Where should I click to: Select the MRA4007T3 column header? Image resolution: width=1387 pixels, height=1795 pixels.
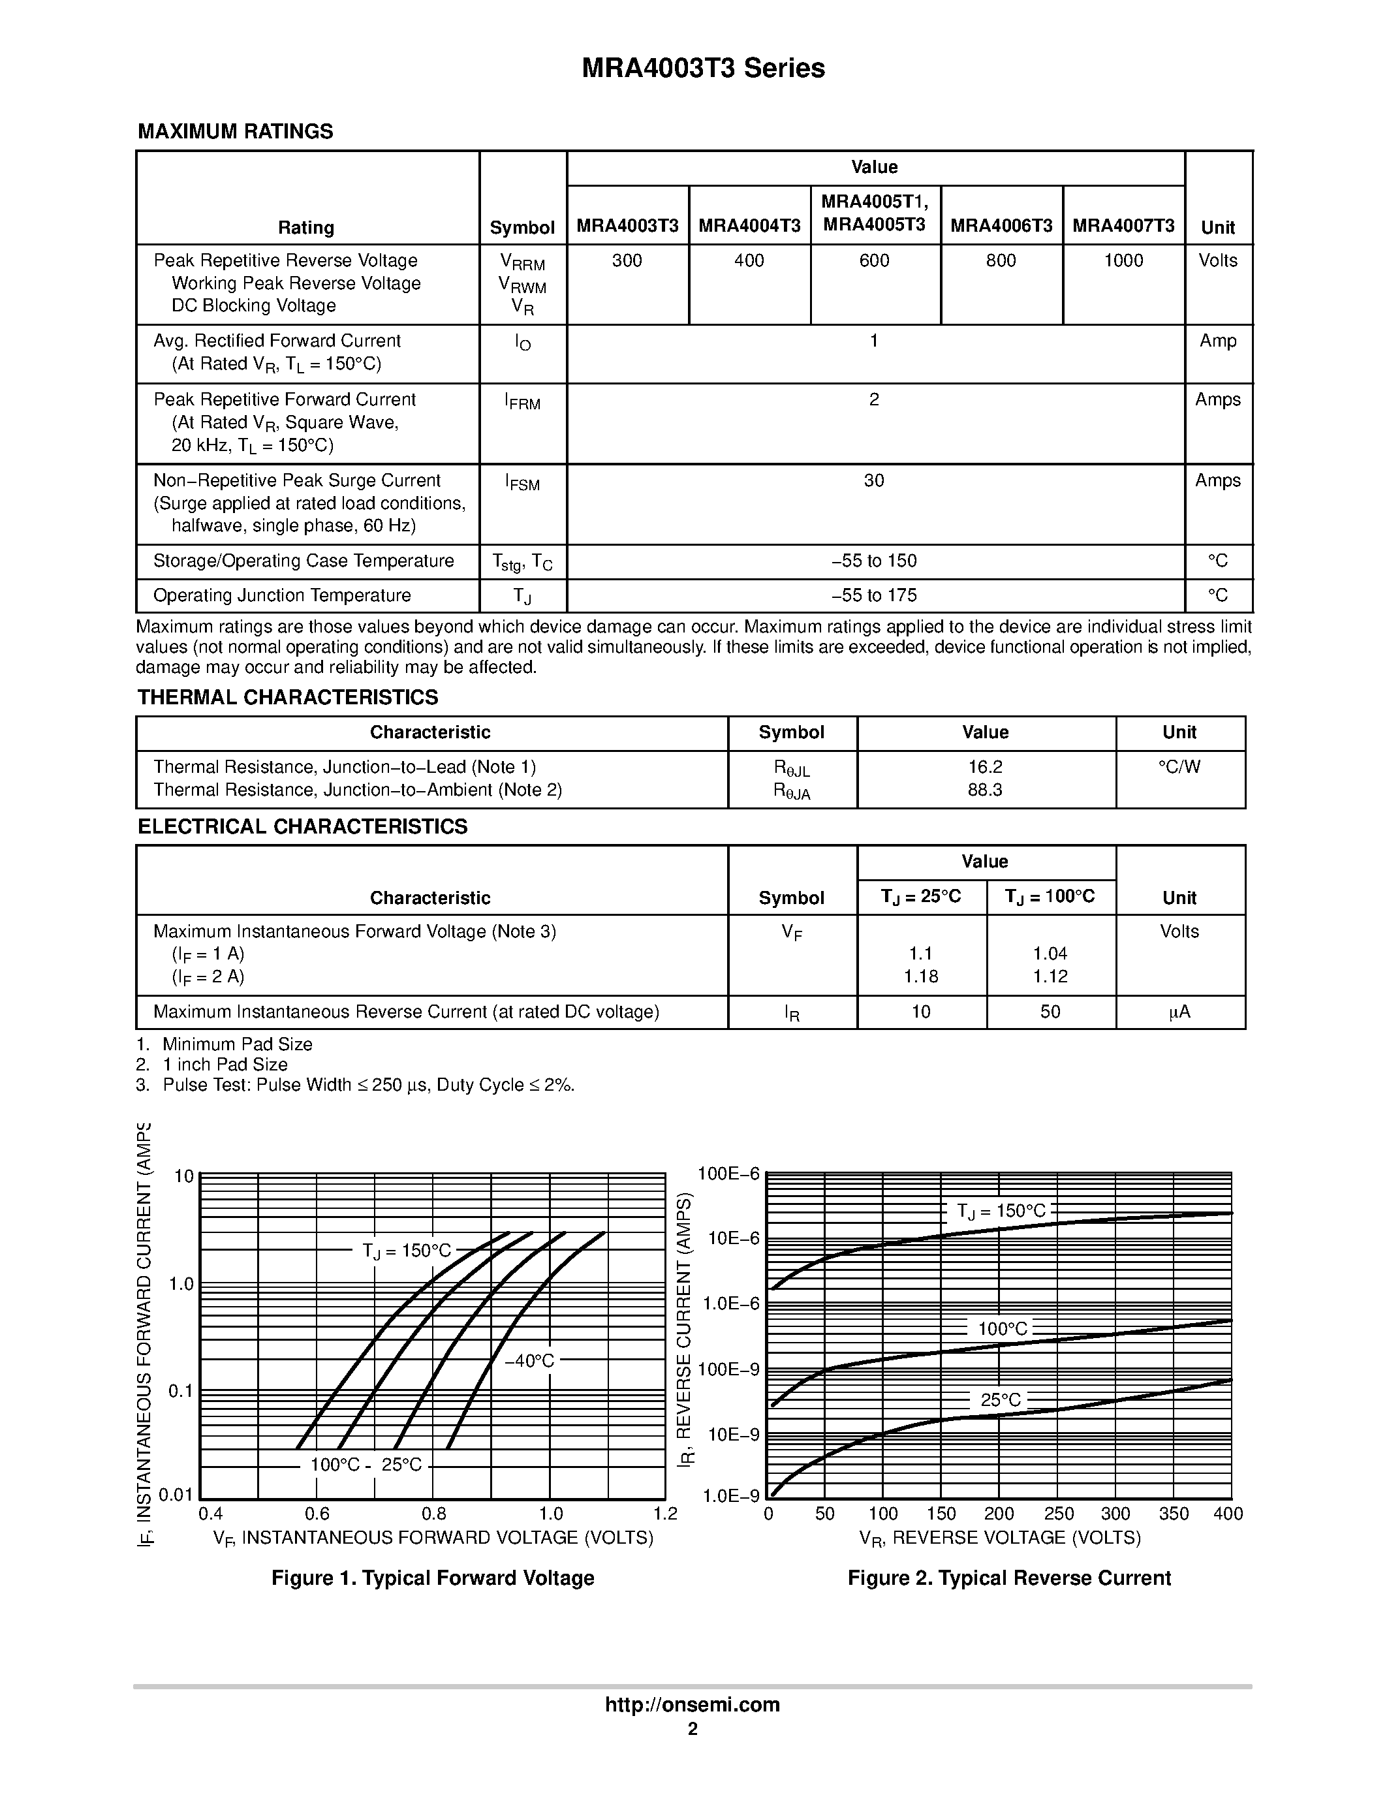pos(1123,226)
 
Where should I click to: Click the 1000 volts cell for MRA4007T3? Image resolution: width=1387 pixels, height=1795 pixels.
pos(1123,260)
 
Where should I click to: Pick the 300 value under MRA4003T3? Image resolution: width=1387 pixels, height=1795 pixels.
pos(627,260)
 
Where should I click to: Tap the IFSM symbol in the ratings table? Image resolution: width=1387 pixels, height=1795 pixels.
pos(523,482)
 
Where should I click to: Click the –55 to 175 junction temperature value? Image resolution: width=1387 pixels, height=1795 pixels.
pos(873,595)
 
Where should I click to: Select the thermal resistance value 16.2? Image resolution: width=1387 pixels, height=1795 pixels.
pos(984,768)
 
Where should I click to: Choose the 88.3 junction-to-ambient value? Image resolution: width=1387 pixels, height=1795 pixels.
pos(984,790)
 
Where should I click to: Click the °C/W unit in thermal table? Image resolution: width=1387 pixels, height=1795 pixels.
pos(1179,768)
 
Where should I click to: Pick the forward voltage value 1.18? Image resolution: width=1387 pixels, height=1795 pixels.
pos(920,976)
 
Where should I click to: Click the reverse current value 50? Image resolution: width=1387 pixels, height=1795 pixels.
pos(1050,1012)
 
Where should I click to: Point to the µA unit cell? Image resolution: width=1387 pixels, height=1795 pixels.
pos(1179,1012)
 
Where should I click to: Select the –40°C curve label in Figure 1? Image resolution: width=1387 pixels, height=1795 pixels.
pos(529,1361)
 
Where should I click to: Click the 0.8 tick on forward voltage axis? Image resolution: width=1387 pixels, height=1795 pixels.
pos(434,1514)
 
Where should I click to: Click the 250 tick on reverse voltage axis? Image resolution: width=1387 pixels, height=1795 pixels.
pos(1058,1514)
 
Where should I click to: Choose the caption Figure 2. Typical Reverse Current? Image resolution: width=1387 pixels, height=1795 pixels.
pos(1009,1578)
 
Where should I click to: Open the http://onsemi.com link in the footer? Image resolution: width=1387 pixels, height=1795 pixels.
pos(692,1704)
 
